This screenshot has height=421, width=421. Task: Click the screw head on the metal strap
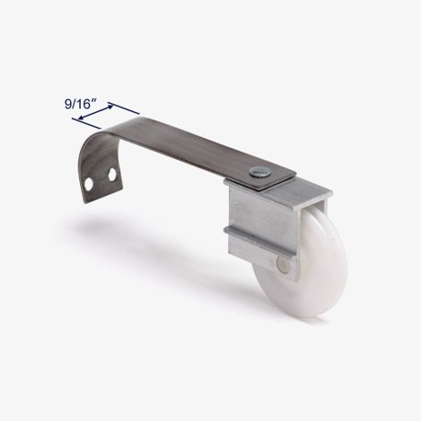tap(256, 172)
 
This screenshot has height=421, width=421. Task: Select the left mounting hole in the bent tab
tap(89, 184)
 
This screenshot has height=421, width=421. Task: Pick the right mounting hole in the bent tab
tap(112, 175)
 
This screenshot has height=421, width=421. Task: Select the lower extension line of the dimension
tap(86, 123)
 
